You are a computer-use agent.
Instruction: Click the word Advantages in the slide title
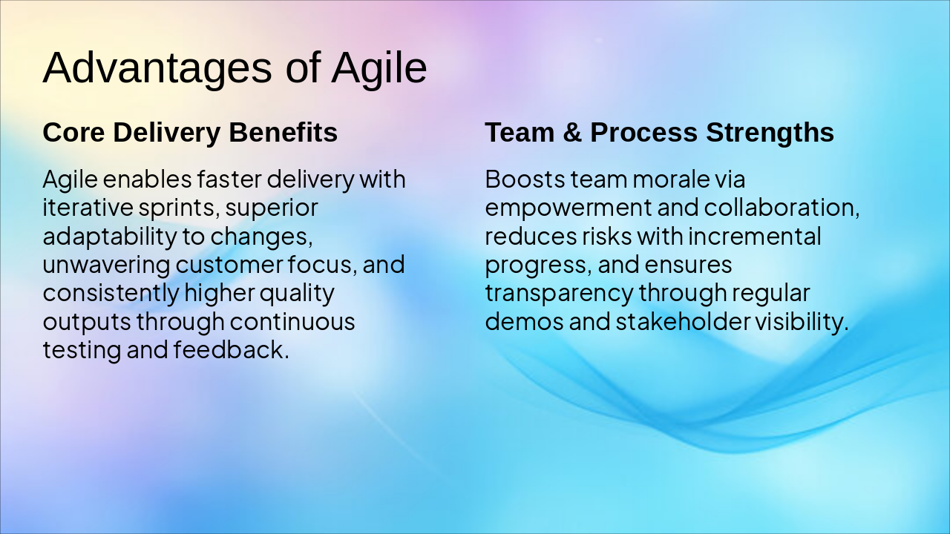point(157,68)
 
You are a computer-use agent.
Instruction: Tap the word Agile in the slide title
point(379,68)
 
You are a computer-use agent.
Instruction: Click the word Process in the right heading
point(643,133)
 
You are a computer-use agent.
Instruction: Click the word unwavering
point(107,264)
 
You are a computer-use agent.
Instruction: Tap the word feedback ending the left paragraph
point(231,349)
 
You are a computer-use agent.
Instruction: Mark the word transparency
point(559,293)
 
